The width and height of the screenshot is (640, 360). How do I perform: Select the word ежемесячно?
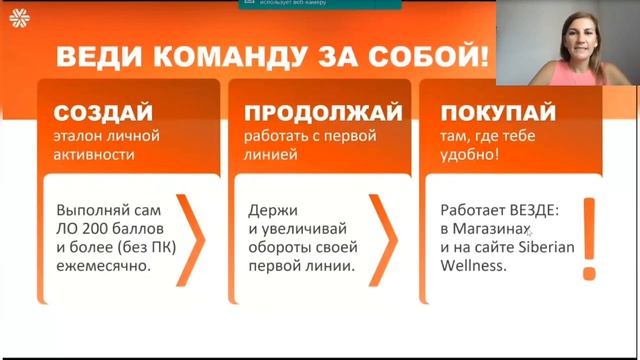[x=105, y=267]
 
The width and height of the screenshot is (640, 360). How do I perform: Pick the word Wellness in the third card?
[x=476, y=267]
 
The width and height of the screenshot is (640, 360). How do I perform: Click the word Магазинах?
[x=491, y=230]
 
